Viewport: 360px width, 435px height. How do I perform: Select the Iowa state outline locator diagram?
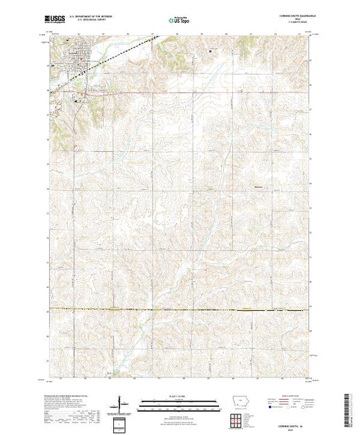[x=237, y=405]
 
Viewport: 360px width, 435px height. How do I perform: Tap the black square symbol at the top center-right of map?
[x=210, y=50]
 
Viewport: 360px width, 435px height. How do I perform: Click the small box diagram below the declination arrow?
[x=122, y=422]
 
